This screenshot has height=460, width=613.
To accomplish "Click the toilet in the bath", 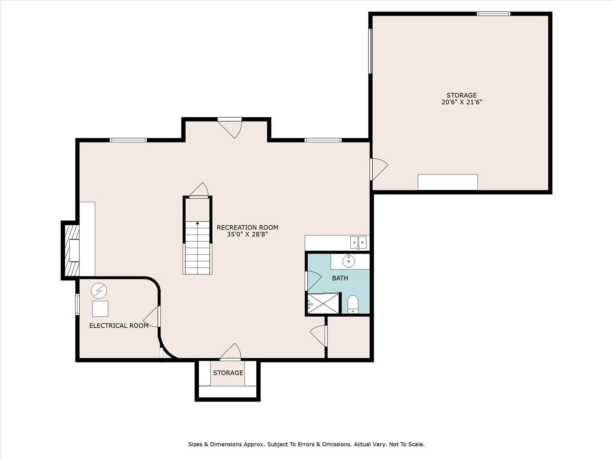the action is click(x=353, y=304).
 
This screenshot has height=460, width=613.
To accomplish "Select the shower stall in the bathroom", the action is click(x=323, y=303).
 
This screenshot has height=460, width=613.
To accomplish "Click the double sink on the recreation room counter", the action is click(x=358, y=242).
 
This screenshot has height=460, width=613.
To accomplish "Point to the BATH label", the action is click(x=340, y=278).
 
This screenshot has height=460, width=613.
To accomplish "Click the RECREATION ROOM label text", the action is click(x=247, y=227).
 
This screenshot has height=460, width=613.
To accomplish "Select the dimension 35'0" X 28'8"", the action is click(x=247, y=234).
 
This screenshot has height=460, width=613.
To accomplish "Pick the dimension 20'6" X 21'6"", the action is click(x=462, y=102).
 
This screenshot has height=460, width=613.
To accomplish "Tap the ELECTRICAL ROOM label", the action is click(x=119, y=325).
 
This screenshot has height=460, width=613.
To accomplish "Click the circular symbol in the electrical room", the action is click(x=99, y=291).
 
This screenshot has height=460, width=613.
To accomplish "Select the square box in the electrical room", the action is click(x=100, y=309).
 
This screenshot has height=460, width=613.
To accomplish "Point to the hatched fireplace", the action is click(x=70, y=251).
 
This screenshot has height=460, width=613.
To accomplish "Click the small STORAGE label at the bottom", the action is click(x=228, y=373).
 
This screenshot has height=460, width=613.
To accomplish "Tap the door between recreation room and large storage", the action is click(x=379, y=169).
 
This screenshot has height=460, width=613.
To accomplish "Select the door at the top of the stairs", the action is click(x=199, y=190).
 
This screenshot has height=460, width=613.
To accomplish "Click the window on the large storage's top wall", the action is click(x=494, y=13).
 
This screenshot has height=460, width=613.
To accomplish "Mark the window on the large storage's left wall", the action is click(x=371, y=51).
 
